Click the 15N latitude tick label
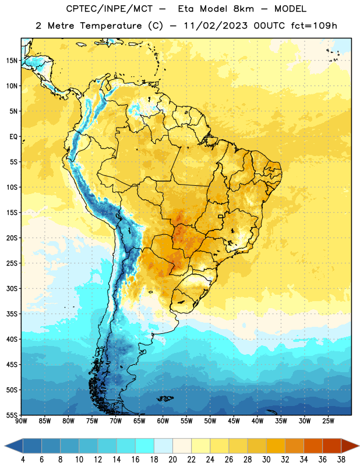pos(12,61)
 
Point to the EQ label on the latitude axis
pos(13,137)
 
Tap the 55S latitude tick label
pos(12,415)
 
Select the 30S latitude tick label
pos(12,288)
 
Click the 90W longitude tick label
pos(21,421)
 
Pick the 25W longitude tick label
pos(328,421)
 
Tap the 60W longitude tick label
pos(163,421)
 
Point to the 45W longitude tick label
pos(234,421)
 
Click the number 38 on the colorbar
pos(341,460)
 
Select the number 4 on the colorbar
pos(23,460)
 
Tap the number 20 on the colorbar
pos(172,460)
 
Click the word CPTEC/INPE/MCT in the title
pos(110,9)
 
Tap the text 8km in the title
pos(243,9)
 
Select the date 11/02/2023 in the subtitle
pos(216,26)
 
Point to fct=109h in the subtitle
pos(314,26)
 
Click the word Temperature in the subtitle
pos(111,26)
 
